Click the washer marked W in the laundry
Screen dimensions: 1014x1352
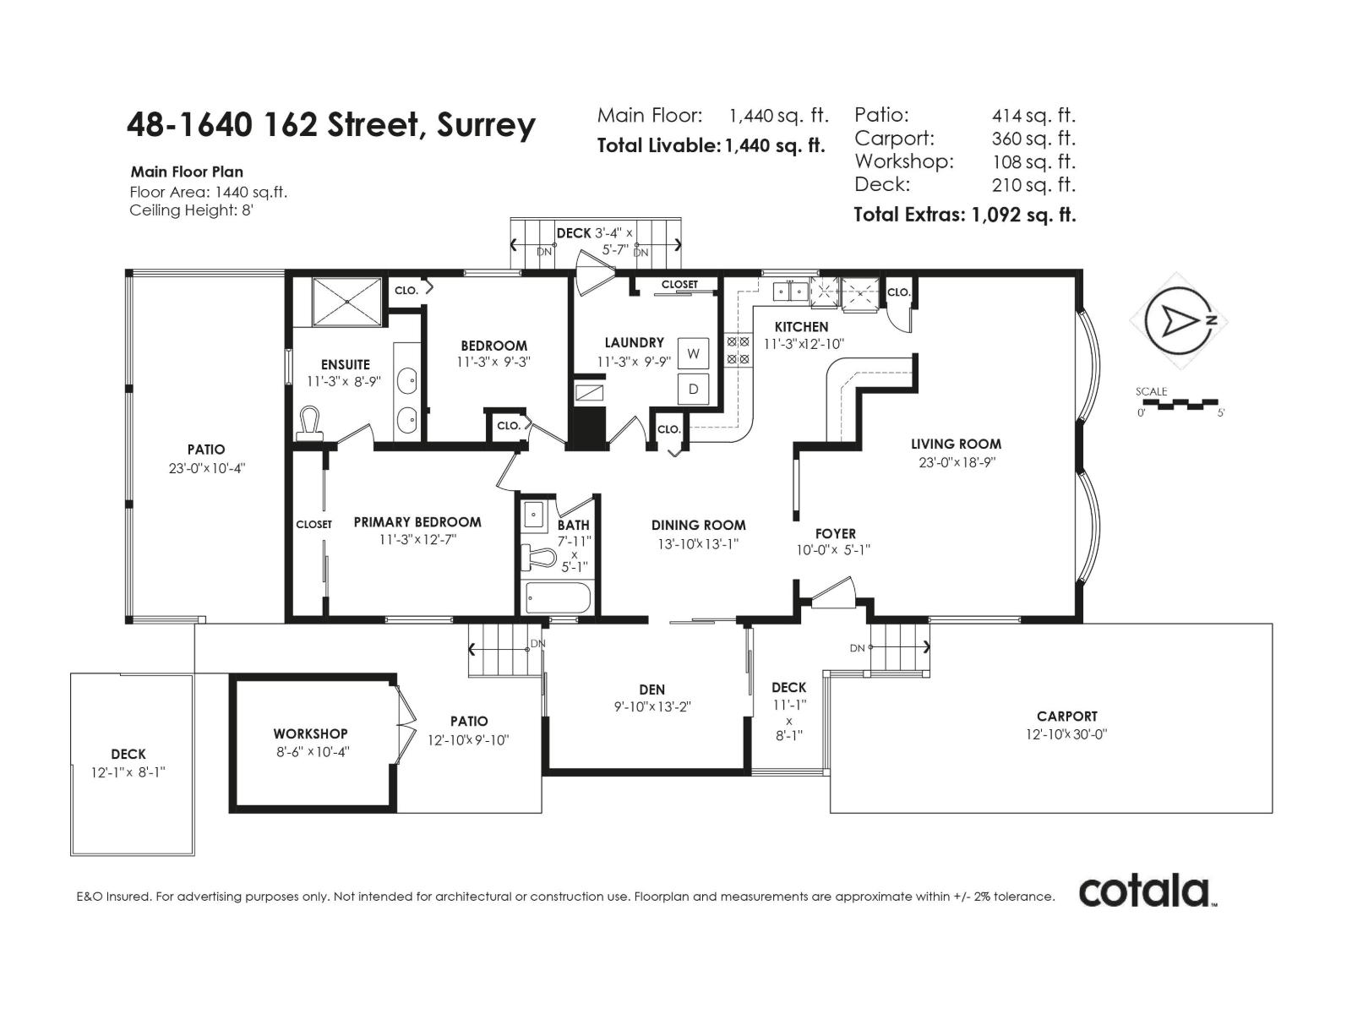(x=693, y=353)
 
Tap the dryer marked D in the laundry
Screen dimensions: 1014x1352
(x=693, y=390)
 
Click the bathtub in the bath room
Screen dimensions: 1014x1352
(x=557, y=598)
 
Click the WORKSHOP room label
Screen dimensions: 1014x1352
(x=310, y=733)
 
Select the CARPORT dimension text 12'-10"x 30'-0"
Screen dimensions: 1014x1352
(x=1066, y=734)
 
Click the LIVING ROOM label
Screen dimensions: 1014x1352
(x=956, y=444)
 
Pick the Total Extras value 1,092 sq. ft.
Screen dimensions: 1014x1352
(x=1023, y=215)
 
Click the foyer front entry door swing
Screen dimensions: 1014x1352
(x=832, y=591)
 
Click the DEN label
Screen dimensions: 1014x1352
(x=651, y=690)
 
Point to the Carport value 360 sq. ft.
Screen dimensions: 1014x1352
(x=1033, y=139)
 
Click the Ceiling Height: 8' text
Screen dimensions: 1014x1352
(x=192, y=210)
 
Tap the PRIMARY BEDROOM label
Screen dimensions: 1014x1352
(x=417, y=522)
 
